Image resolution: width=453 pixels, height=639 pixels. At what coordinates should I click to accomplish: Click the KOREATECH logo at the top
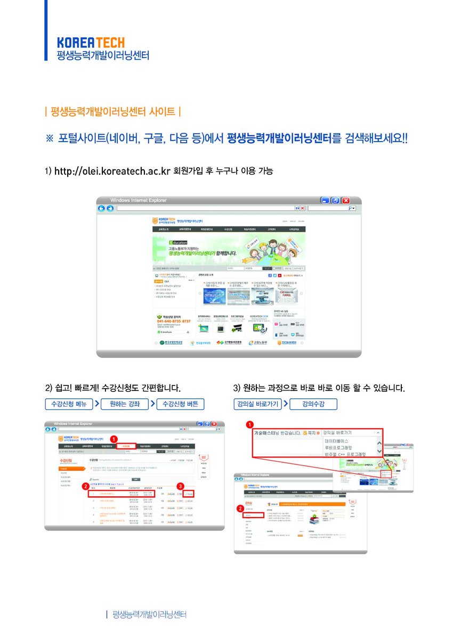(x=91, y=42)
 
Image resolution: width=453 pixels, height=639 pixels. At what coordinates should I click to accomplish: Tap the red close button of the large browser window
(x=345, y=201)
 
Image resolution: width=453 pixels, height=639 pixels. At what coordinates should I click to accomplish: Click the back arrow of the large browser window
(x=101, y=208)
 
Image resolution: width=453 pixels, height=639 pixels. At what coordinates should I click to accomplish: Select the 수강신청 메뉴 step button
(x=69, y=404)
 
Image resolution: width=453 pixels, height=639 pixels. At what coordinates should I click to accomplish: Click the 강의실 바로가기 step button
(x=257, y=404)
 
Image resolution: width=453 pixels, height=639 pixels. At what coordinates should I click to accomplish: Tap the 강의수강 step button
(x=313, y=404)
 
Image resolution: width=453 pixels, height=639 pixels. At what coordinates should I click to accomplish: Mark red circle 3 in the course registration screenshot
(x=181, y=486)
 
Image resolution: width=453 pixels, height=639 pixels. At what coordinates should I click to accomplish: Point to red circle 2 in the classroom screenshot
(x=239, y=508)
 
